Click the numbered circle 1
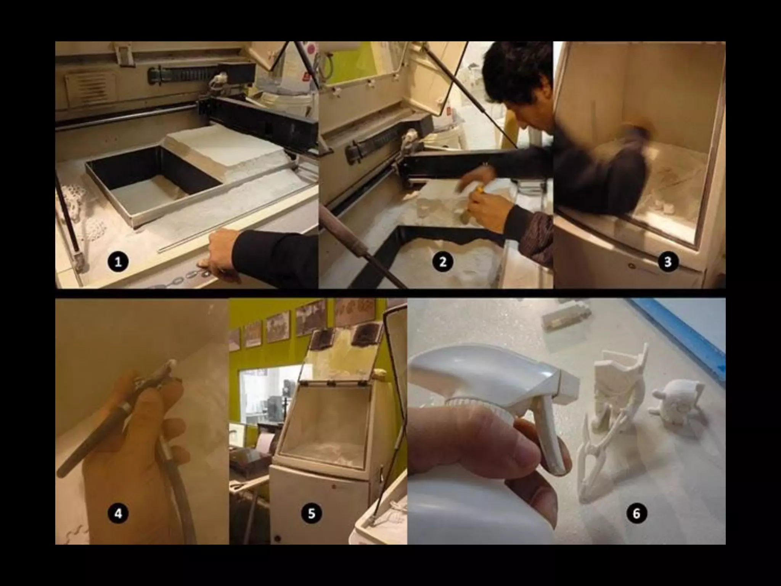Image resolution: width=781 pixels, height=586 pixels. click(118, 262)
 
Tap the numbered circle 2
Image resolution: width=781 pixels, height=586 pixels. click(443, 262)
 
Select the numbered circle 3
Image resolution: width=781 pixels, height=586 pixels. click(668, 262)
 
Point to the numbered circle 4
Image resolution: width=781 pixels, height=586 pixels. click(118, 514)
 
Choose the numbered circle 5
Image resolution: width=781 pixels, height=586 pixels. click(312, 514)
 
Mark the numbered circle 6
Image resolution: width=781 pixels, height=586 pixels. click(636, 514)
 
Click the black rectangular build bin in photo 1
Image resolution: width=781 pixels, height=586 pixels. click(153, 183)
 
